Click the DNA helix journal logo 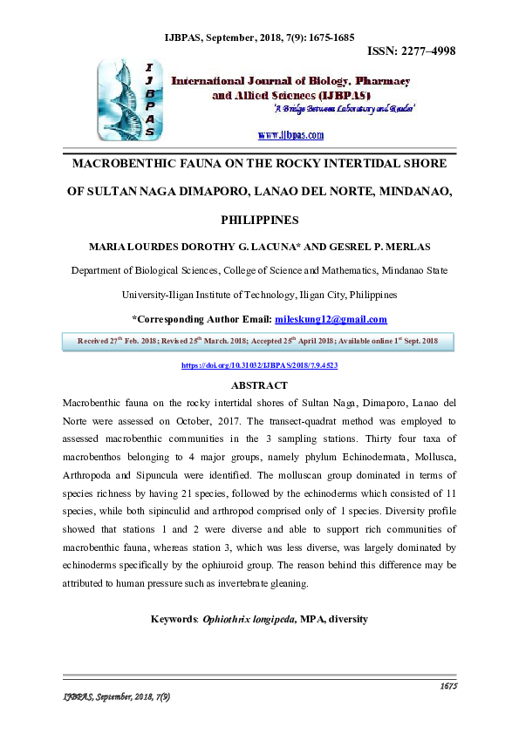(130, 99)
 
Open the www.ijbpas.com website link (291, 135)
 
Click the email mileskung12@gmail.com (331, 319)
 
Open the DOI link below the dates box (259, 366)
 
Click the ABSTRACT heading (259, 385)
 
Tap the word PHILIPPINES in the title (259, 220)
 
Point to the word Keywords (174, 619)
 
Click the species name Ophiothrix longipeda (249, 619)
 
